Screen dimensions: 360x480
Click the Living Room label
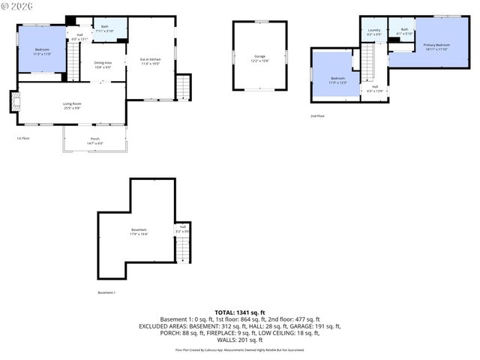(x=71, y=106)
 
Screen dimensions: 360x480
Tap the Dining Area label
(x=103, y=65)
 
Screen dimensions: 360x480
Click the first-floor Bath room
(x=104, y=29)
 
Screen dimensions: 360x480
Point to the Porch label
(x=94, y=141)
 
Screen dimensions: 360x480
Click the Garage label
(x=259, y=58)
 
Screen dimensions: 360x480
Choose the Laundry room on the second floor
(x=373, y=32)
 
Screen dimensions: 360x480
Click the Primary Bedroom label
(x=436, y=47)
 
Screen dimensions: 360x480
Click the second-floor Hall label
(x=374, y=88)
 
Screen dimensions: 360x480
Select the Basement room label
(x=139, y=232)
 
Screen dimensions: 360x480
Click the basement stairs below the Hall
(x=182, y=251)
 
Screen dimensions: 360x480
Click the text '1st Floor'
(x=22, y=139)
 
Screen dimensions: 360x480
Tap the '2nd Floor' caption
(x=317, y=116)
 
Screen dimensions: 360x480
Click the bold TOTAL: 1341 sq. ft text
(x=239, y=312)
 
